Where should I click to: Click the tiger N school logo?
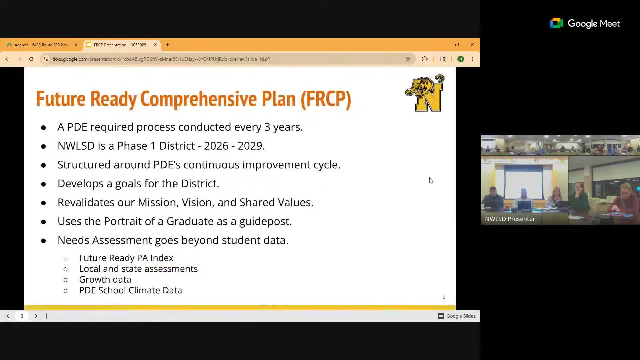425,93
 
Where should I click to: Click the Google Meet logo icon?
556,23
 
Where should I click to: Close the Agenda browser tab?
76,45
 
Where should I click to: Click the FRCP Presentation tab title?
120,45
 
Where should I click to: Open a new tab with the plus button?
167,45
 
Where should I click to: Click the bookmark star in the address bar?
408,59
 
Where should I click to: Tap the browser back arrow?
7,59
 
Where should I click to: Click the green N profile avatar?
460,59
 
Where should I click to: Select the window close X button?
472,45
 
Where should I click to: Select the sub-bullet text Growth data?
105,279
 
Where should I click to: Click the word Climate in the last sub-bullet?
145,290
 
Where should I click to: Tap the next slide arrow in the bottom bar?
36,316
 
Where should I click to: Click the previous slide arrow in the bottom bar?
8,316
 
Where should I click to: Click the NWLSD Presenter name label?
510,219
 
